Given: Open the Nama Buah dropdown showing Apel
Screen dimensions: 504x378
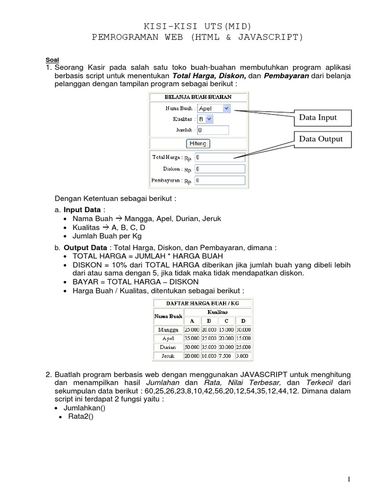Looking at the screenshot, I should click(x=214, y=108).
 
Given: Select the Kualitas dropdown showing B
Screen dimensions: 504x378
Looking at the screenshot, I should click(x=205, y=119).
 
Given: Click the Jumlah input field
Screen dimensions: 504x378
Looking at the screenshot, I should click(x=213, y=130).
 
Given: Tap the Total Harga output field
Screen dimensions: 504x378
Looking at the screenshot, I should click(x=220, y=157).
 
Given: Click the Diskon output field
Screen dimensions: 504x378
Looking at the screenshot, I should click(x=220, y=169).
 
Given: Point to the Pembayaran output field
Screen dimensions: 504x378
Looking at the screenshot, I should click(x=220, y=181).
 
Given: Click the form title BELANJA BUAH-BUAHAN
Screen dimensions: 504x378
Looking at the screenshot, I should click(x=198, y=97).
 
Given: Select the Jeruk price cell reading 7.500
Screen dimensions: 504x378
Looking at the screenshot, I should click(x=226, y=356).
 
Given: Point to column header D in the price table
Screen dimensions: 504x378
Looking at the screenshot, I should click(x=244, y=321).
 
